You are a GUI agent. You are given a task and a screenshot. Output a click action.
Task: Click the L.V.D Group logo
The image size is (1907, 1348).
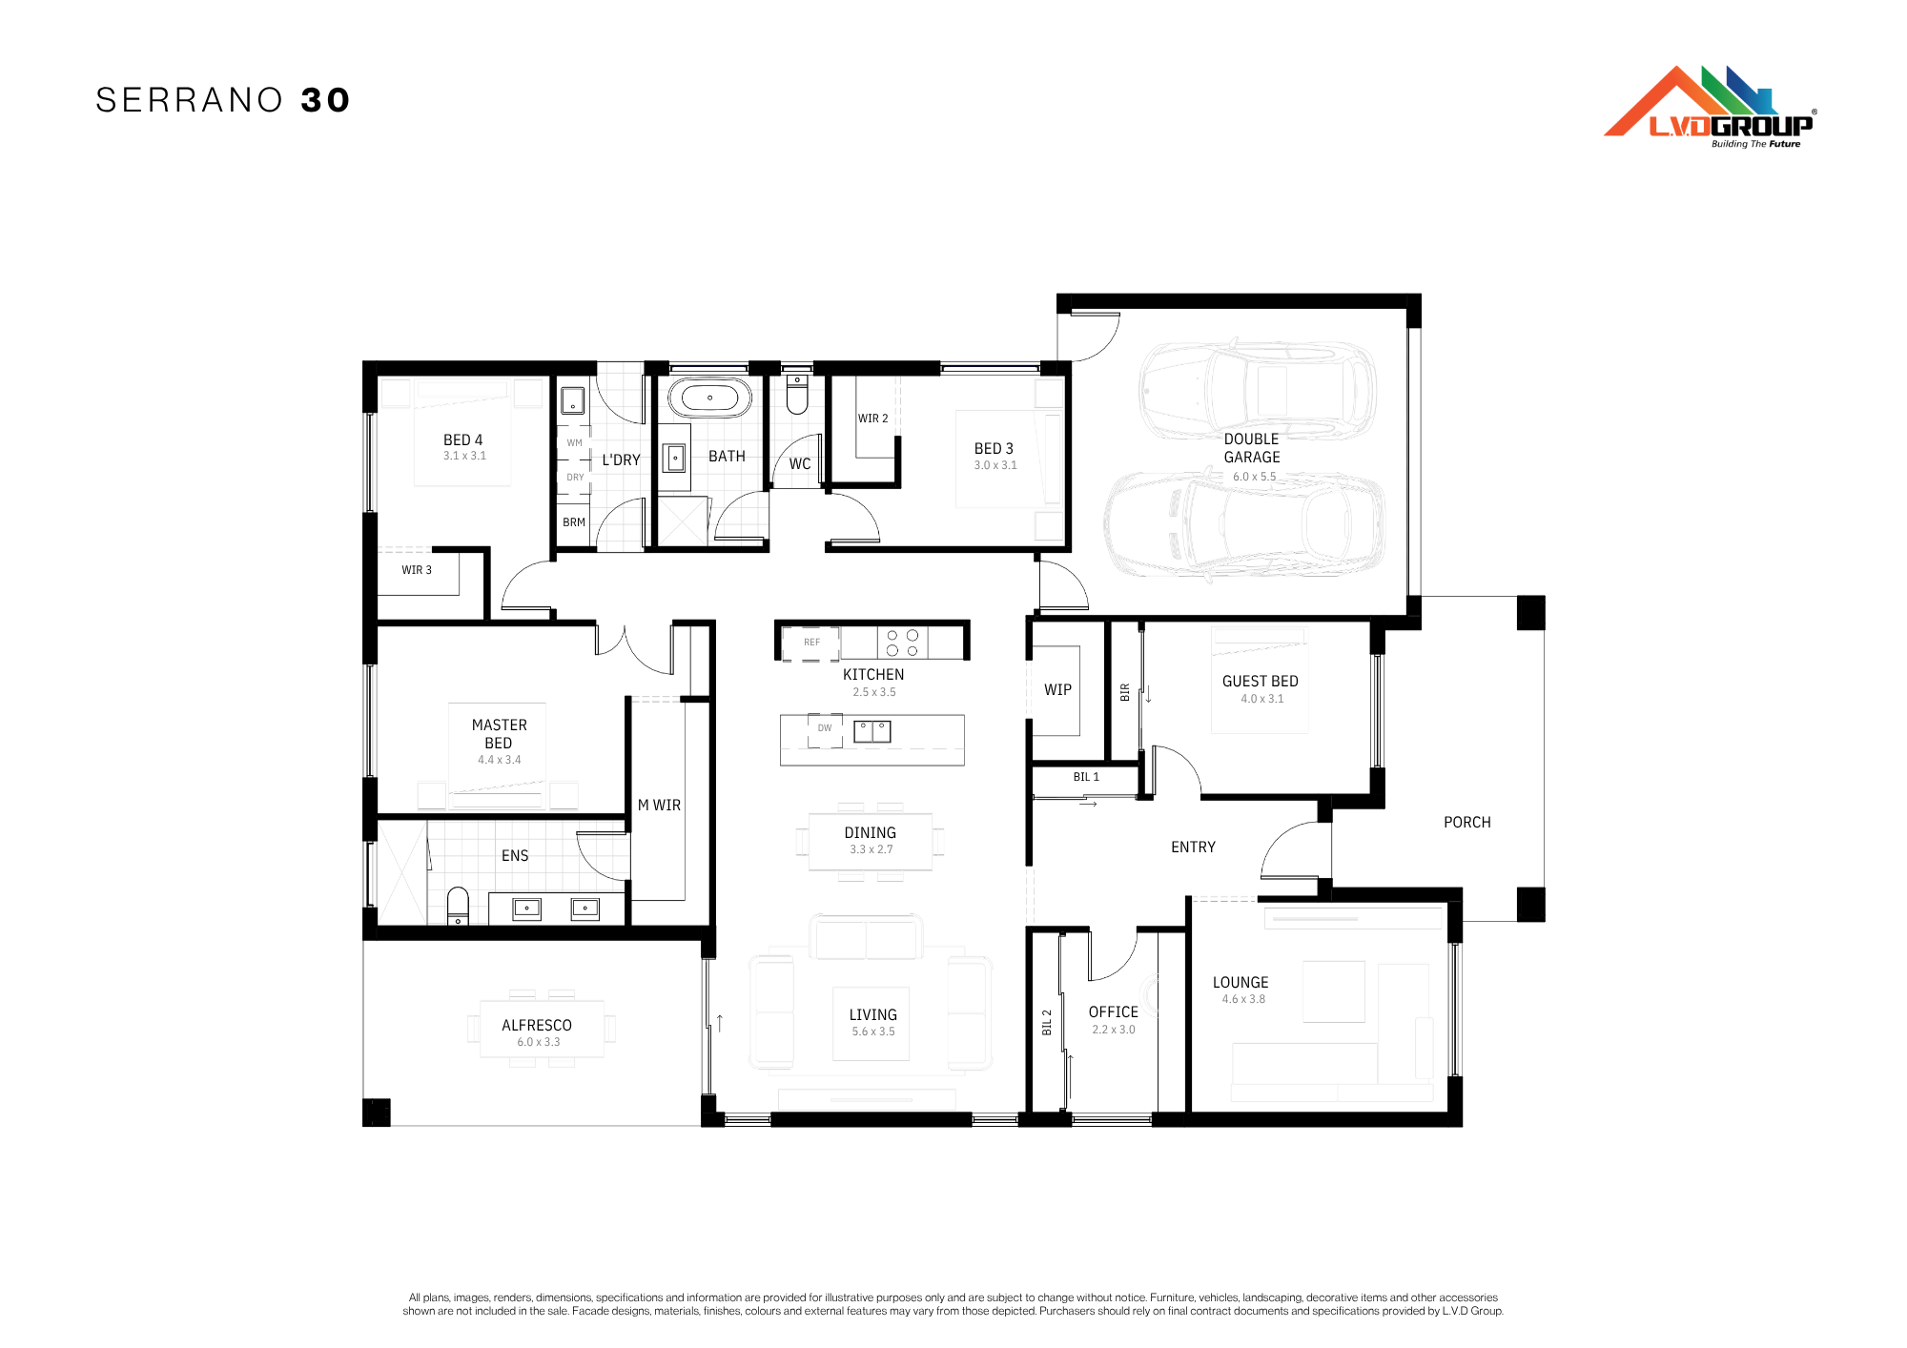(1710, 107)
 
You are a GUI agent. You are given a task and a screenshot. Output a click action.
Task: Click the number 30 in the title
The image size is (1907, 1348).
(326, 100)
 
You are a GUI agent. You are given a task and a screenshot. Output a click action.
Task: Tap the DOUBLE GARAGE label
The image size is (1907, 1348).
(1252, 448)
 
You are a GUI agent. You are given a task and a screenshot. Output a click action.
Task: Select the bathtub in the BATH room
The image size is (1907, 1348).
(709, 398)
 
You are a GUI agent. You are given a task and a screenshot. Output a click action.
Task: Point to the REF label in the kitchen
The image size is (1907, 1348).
(811, 642)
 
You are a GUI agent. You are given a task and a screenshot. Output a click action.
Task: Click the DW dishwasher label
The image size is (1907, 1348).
(825, 727)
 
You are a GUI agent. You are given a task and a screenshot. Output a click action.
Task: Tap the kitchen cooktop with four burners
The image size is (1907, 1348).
(902, 643)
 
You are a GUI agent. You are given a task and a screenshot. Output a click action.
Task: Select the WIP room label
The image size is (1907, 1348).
(1057, 689)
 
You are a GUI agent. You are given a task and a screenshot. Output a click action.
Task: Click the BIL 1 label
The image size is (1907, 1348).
(1086, 777)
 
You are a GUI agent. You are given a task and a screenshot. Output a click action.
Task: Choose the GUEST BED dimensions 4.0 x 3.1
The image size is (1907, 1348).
(1262, 699)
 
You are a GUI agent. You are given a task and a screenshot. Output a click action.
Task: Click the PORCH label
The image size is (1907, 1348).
(1467, 822)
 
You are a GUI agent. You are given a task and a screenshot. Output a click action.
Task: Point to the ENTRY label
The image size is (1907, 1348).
(1193, 847)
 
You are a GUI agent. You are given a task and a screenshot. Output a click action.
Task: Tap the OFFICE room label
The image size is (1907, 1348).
(1114, 1011)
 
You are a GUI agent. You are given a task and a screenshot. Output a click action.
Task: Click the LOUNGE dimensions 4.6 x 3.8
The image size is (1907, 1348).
(1243, 999)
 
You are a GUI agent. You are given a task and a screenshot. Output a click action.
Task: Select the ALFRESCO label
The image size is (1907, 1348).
(537, 1025)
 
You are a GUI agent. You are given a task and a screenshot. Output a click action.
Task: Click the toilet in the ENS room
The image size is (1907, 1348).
(458, 906)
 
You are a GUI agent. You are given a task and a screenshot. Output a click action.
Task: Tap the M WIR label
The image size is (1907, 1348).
(659, 806)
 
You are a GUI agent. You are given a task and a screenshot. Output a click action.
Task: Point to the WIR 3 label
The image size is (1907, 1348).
(417, 570)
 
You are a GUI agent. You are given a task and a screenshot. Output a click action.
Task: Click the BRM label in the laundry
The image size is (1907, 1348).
(574, 522)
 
